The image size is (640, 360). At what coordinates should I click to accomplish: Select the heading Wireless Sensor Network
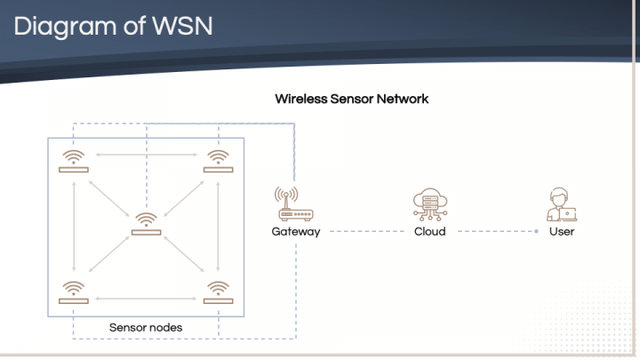[x=352, y=99]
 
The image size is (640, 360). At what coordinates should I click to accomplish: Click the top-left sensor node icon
[x=74, y=161]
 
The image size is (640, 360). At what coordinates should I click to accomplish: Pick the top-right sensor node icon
[x=218, y=161]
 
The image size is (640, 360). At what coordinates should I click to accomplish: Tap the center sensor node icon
[x=147, y=224]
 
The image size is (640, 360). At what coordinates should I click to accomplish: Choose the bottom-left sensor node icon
[x=74, y=292]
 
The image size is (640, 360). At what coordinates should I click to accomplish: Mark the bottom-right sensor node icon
[x=218, y=292]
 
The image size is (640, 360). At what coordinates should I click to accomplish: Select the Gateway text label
[x=295, y=231]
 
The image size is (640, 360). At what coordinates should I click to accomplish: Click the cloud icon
[x=429, y=204]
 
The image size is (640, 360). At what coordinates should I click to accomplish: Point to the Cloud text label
[x=429, y=231]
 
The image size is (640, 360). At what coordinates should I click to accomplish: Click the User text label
[x=562, y=231]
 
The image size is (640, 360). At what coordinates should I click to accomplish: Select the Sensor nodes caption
[x=146, y=327]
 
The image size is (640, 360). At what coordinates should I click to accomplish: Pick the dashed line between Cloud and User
[x=497, y=232]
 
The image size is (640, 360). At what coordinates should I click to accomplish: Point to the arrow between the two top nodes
[x=146, y=155]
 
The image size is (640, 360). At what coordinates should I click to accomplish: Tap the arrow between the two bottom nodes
[x=146, y=299]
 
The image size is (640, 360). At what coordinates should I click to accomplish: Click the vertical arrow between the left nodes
[x=75, y=227]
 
